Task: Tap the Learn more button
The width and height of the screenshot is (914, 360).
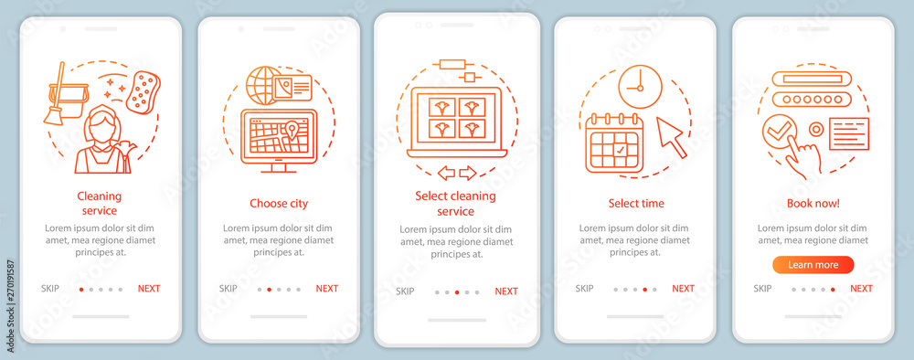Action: (x=813, y=265)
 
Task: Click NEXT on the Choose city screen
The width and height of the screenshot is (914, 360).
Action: (x=327, y=289)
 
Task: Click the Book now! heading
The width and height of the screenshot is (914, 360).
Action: (x=813, y=204)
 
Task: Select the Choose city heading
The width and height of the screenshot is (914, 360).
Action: (x=279, y=204)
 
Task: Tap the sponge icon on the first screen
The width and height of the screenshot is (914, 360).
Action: (x=143, y=92)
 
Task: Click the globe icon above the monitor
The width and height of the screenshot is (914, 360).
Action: (x=263, y=85)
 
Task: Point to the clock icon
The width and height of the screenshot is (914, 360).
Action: (x=640, y=87)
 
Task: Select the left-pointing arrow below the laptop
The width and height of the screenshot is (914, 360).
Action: (x=447, y=173)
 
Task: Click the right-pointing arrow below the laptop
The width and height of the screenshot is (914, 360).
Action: (x=467, y=173)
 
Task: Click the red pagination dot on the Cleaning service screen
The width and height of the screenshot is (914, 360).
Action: (x=81, y=289)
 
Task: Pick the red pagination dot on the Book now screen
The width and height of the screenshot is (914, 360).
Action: (x=833, y=289)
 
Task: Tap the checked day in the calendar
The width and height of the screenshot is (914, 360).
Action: (x=620, y=150)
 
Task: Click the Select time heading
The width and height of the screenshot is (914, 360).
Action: (x=636, y=204)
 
